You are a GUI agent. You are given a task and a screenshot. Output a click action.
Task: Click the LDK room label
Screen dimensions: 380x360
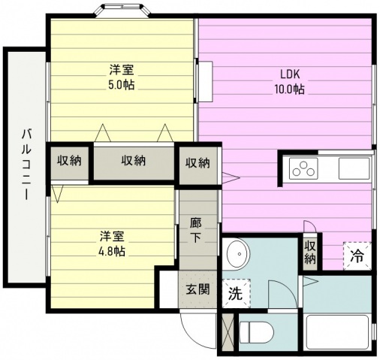click(x=290, y=74)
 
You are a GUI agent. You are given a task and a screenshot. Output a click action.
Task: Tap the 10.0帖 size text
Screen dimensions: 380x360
click(x=290, y=89)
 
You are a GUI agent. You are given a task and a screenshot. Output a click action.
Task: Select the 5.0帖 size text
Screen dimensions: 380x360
click(x=121, y=85)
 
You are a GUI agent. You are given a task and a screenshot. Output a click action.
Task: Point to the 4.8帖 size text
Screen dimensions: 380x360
click(x=112, y=251)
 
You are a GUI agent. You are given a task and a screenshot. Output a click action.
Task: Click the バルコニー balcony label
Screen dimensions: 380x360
click(x=26, y=165)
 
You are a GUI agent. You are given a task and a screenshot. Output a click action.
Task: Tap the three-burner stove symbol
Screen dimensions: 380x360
click(x=303, y=169)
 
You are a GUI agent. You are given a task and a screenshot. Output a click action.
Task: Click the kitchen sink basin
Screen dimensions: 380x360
click(x=354, y=168)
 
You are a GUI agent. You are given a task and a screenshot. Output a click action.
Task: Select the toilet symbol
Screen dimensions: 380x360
click(x=256, y=332)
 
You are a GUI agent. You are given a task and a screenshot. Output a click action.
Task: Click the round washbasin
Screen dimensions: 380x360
click(x=239, y=253)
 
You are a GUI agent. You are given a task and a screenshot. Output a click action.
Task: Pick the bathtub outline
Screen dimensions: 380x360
click(x=337, y=332)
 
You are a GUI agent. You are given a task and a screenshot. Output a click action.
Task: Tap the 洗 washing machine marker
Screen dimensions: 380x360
click(x=236, y=293)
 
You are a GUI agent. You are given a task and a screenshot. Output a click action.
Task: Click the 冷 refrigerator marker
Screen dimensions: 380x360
click(x=357, y=256)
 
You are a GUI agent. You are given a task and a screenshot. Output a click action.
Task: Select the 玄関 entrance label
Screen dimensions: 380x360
click(x=198, y=290)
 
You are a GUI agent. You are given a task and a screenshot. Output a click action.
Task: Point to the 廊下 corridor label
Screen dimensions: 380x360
click(x=195, y=231)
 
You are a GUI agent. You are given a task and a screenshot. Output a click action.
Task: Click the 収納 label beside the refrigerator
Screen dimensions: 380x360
click(x=310, y=253)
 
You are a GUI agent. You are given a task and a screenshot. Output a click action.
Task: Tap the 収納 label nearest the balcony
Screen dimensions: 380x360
click(x=69, y=160)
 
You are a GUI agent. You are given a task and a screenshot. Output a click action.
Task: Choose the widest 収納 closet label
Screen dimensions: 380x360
click(x=134, y=160)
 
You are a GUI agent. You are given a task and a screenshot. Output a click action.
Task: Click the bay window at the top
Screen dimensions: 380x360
click(x=122, y=11)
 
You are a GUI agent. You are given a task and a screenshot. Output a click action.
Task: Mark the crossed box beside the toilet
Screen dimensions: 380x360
click(x=228, y=332)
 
